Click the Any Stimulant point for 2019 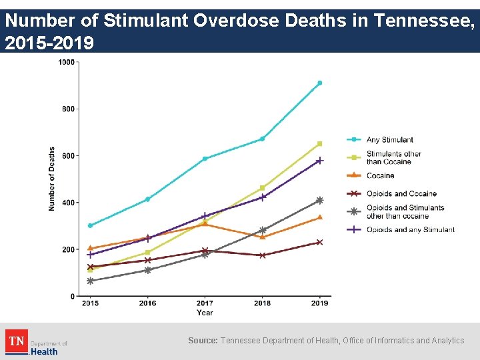coord(319,83)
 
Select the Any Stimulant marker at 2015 coord(90,225)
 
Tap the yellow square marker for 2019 coord(319,144)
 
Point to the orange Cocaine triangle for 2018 coord(262,237)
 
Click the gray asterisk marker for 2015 coord(90,281)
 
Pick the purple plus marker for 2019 coord(319,161)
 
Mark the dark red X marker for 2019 coord(319,242)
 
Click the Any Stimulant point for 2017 coord(205,159)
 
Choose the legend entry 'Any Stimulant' coord(389,140)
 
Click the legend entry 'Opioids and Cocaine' coord(401,194)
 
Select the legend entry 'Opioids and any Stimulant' coord(410,230)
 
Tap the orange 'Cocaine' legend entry coord(380,176)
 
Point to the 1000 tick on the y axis coord(67,62)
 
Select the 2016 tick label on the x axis coord(147,304)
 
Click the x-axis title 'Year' coord(205,313)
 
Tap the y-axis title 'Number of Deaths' coord(52,179)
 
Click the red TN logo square coord(16,341)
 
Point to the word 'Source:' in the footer coord(203,341)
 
